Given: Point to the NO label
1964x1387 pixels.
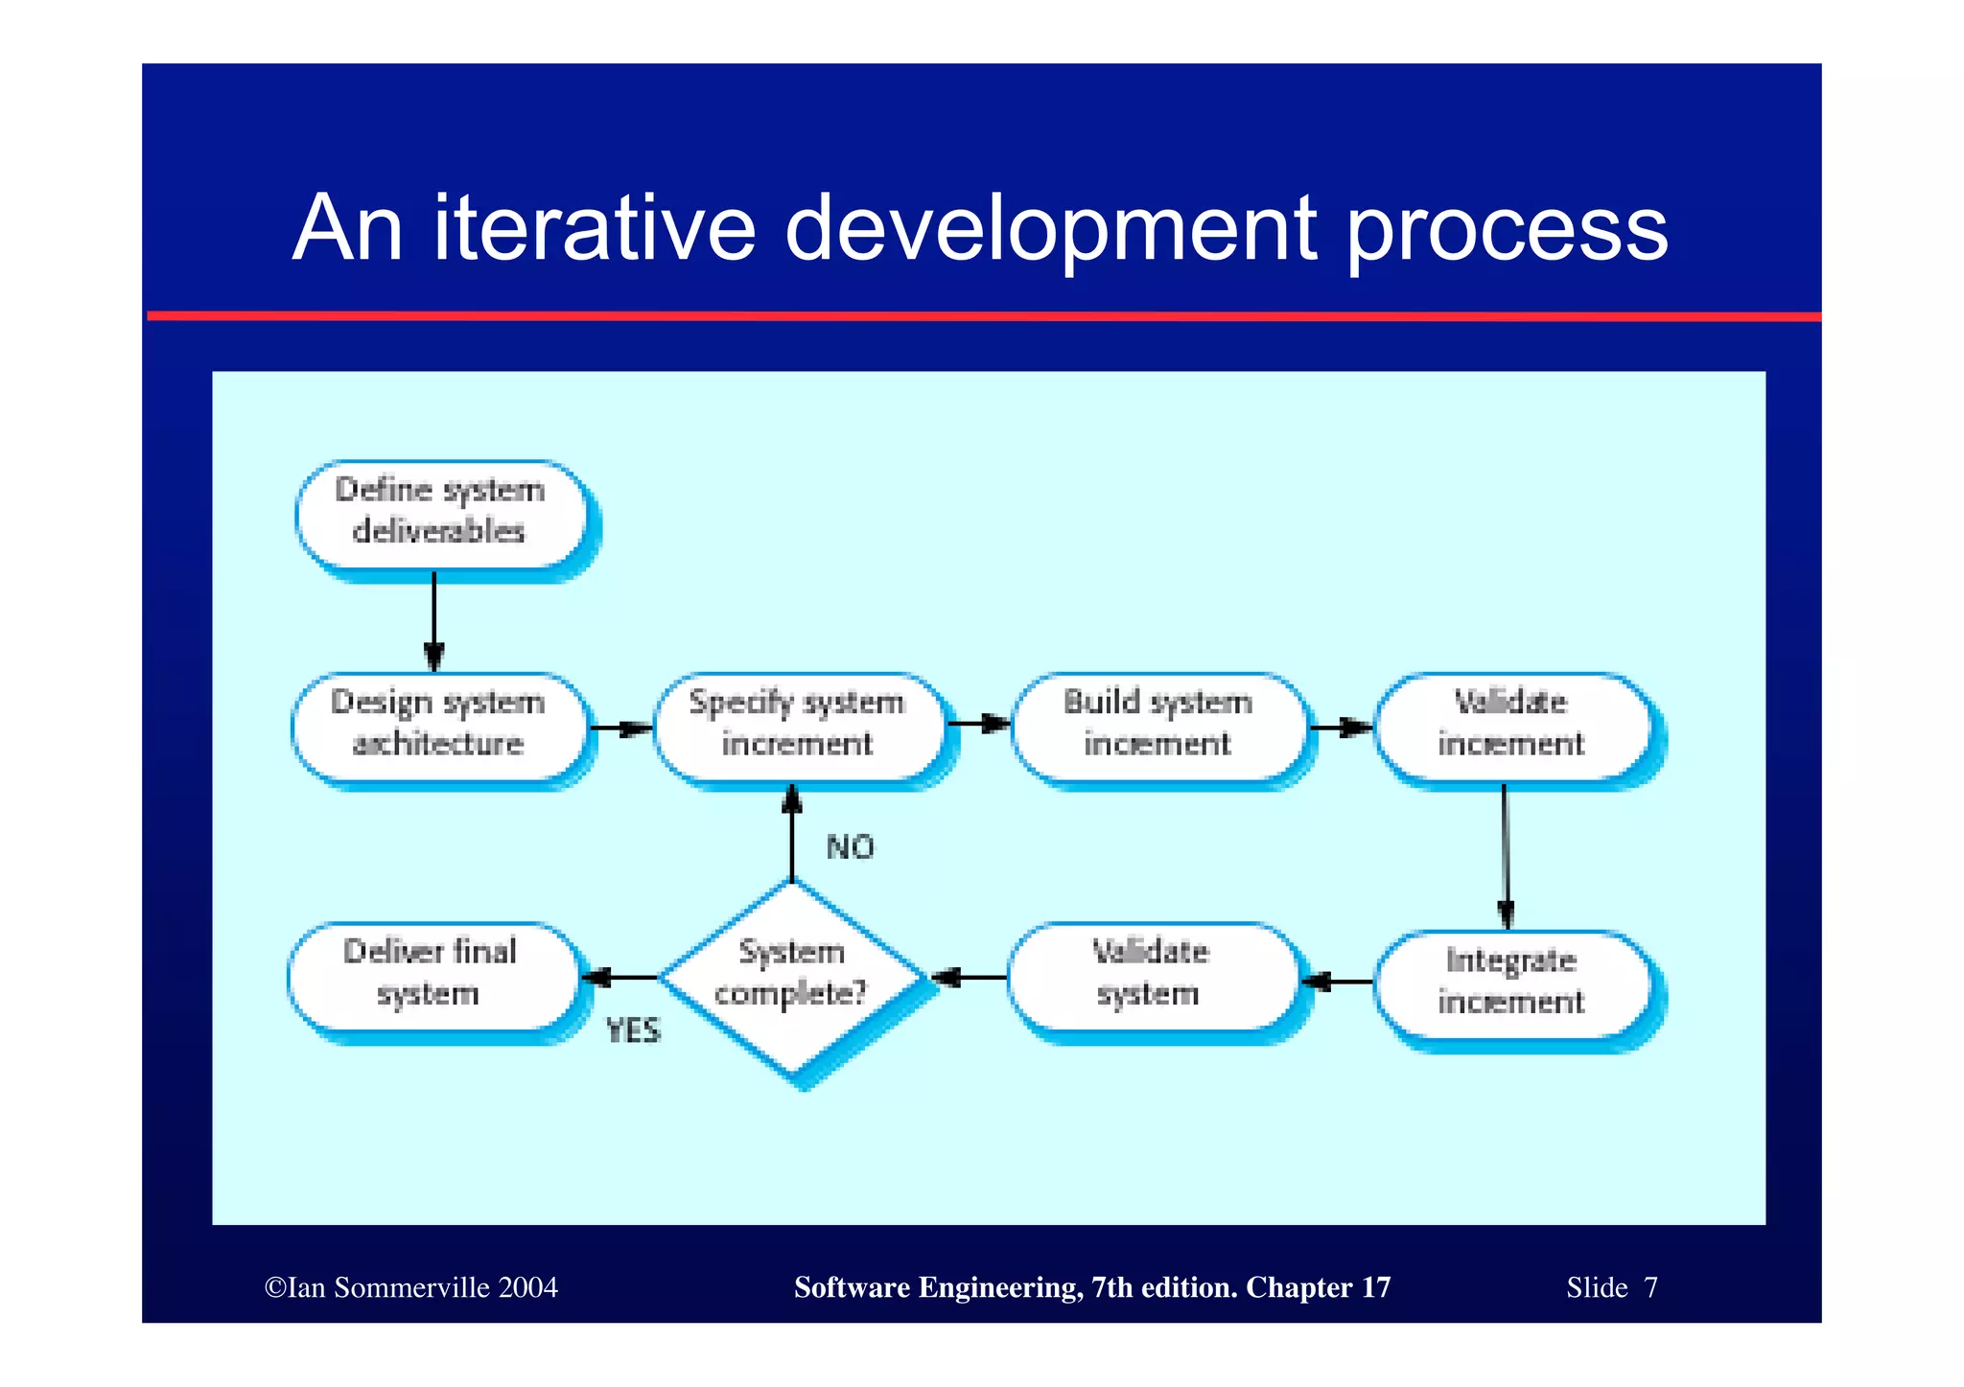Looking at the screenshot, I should pyautogui.click(x=850, y=847).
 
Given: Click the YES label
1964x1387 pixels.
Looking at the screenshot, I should pyautogui.click(x=634, y=1031).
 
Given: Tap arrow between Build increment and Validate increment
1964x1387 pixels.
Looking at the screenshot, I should pyautogui.click(x=1341, y=728).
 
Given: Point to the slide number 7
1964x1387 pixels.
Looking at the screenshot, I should pyautogui.click(x=1650, y=1287).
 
